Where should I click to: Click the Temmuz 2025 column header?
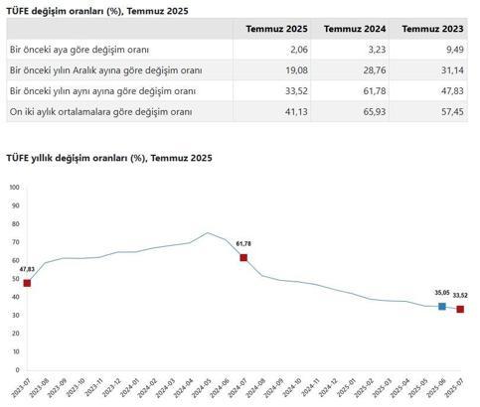point(278,29)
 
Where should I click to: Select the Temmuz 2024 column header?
point(356,29)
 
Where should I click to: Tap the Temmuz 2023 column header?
point(432,29)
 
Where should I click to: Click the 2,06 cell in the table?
point(298,49)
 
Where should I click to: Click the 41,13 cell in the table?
point(296,111)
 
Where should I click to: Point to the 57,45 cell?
point(453,111)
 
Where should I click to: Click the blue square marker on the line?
point(442,307)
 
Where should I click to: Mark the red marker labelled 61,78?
point(242,258)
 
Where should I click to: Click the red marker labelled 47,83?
point(27,283)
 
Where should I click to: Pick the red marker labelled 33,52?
point(460,310)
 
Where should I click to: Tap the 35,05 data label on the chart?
point(441,293)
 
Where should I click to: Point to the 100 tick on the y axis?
point(14,188)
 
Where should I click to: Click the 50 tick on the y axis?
point(15,279)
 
